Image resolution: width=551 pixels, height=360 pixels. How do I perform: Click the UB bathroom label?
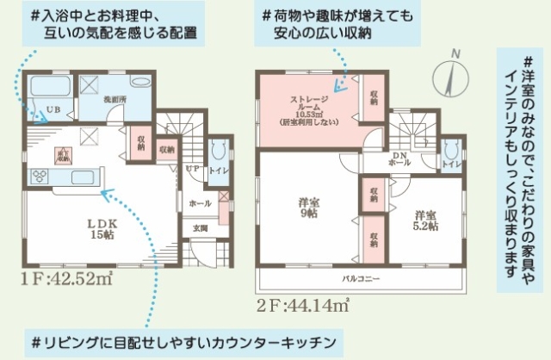coord(53,110)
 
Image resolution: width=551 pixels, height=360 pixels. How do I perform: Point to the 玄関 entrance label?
coord(200,228)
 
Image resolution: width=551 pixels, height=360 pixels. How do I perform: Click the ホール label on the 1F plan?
coord(199,203)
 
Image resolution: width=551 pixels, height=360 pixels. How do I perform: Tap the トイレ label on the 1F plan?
coord(219,171)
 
